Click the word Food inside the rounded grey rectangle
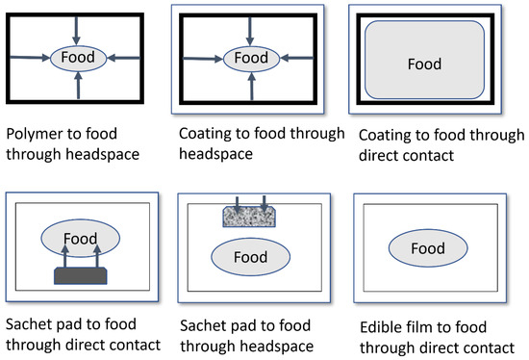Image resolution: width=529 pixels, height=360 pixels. click(424, 64)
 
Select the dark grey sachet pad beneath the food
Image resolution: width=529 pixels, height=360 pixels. click(80, 276)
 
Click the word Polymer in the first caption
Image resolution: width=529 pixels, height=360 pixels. click(34, 133)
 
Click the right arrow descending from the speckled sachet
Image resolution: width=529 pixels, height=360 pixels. click(264, 205)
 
